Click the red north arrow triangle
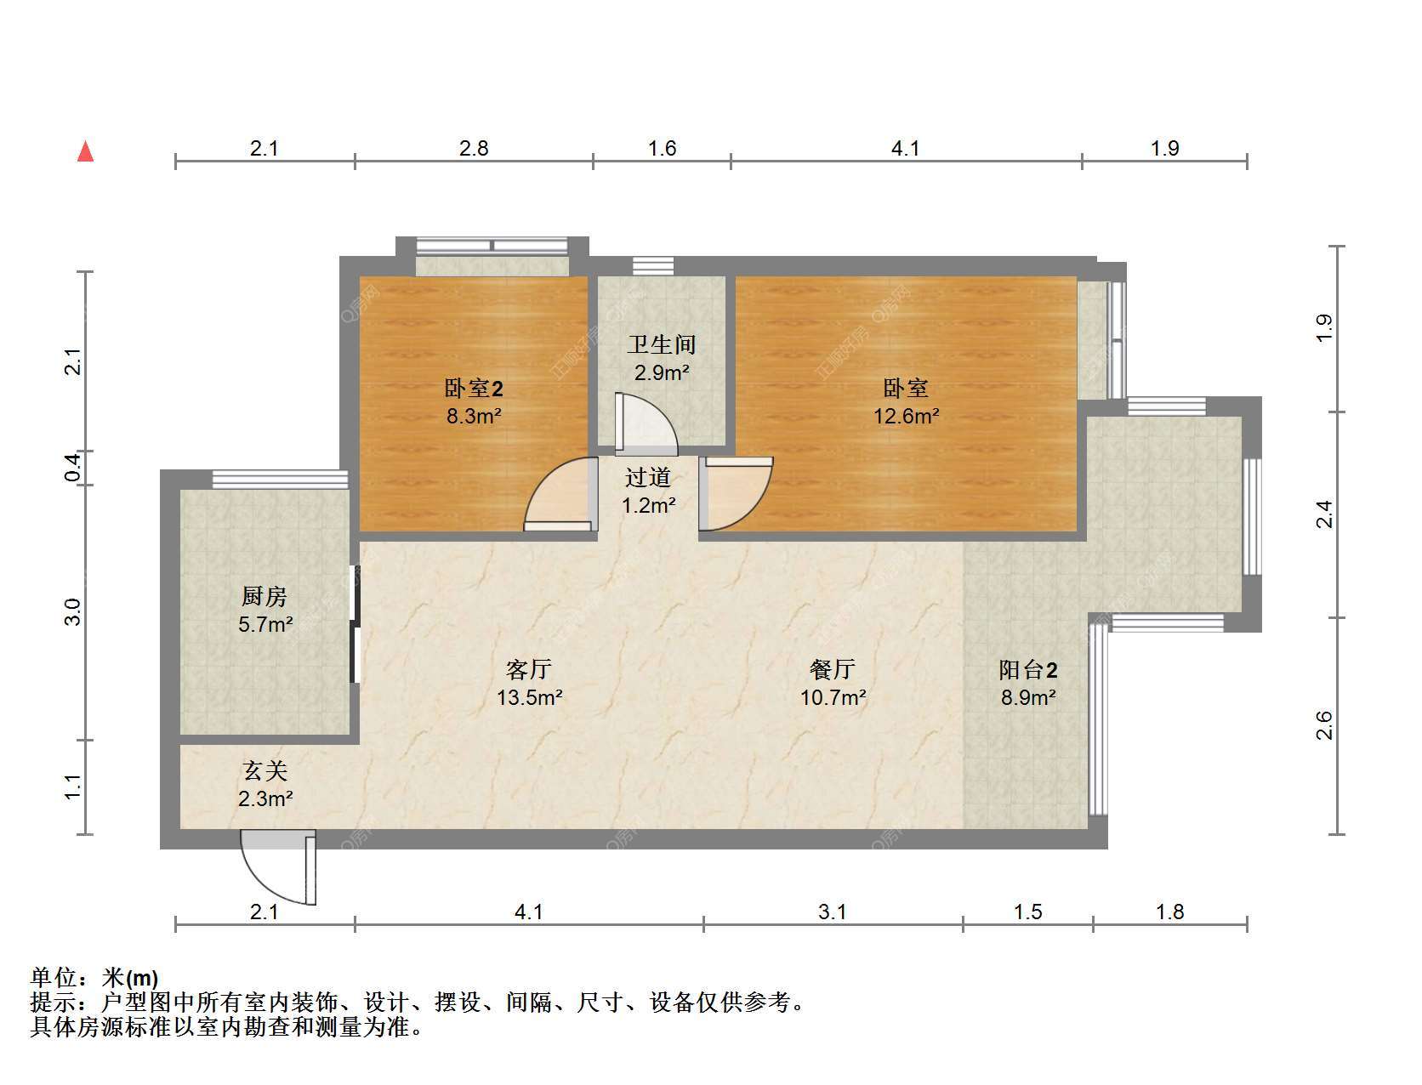click(x=86, y=151)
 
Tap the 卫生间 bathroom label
click(x=661, y=344)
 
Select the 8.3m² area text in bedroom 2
click(x=474, y=415)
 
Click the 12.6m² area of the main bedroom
click(x=906, y=415)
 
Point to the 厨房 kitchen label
click(x=264, y=596)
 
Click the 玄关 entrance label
click(x=265, y=771)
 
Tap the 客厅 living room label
click(x=529, y=669)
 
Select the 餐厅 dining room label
click(x=833, y=669)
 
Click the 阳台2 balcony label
click(x=1027, y=669)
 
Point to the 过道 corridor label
click(x=648, y=477)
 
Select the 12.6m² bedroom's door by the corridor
click(x=736, y=494)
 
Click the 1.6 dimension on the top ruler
click(x=662, y=148)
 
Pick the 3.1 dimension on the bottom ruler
click(x=832, y=912)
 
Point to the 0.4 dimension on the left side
click(x=73, y=468)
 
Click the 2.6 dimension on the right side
click(x=1325, y=725)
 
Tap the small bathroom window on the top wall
click(x=653, y=266)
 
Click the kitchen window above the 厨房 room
click(x=280, y=480)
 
